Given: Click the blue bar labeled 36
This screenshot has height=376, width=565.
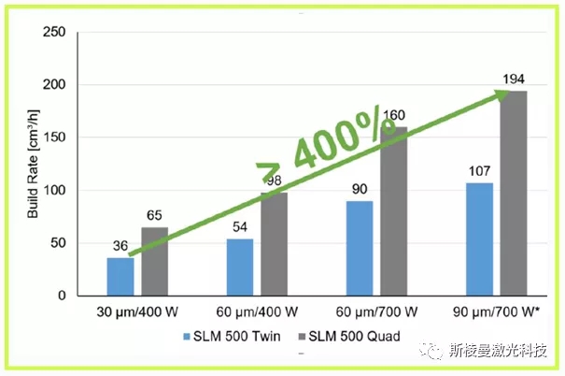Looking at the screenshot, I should (x=120, y=277).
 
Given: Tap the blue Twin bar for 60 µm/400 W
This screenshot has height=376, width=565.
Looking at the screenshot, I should (x=241, y=268).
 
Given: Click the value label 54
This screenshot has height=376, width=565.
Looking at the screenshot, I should (x=241, y=228).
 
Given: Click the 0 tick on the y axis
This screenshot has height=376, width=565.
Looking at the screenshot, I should (x=62, y=296).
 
